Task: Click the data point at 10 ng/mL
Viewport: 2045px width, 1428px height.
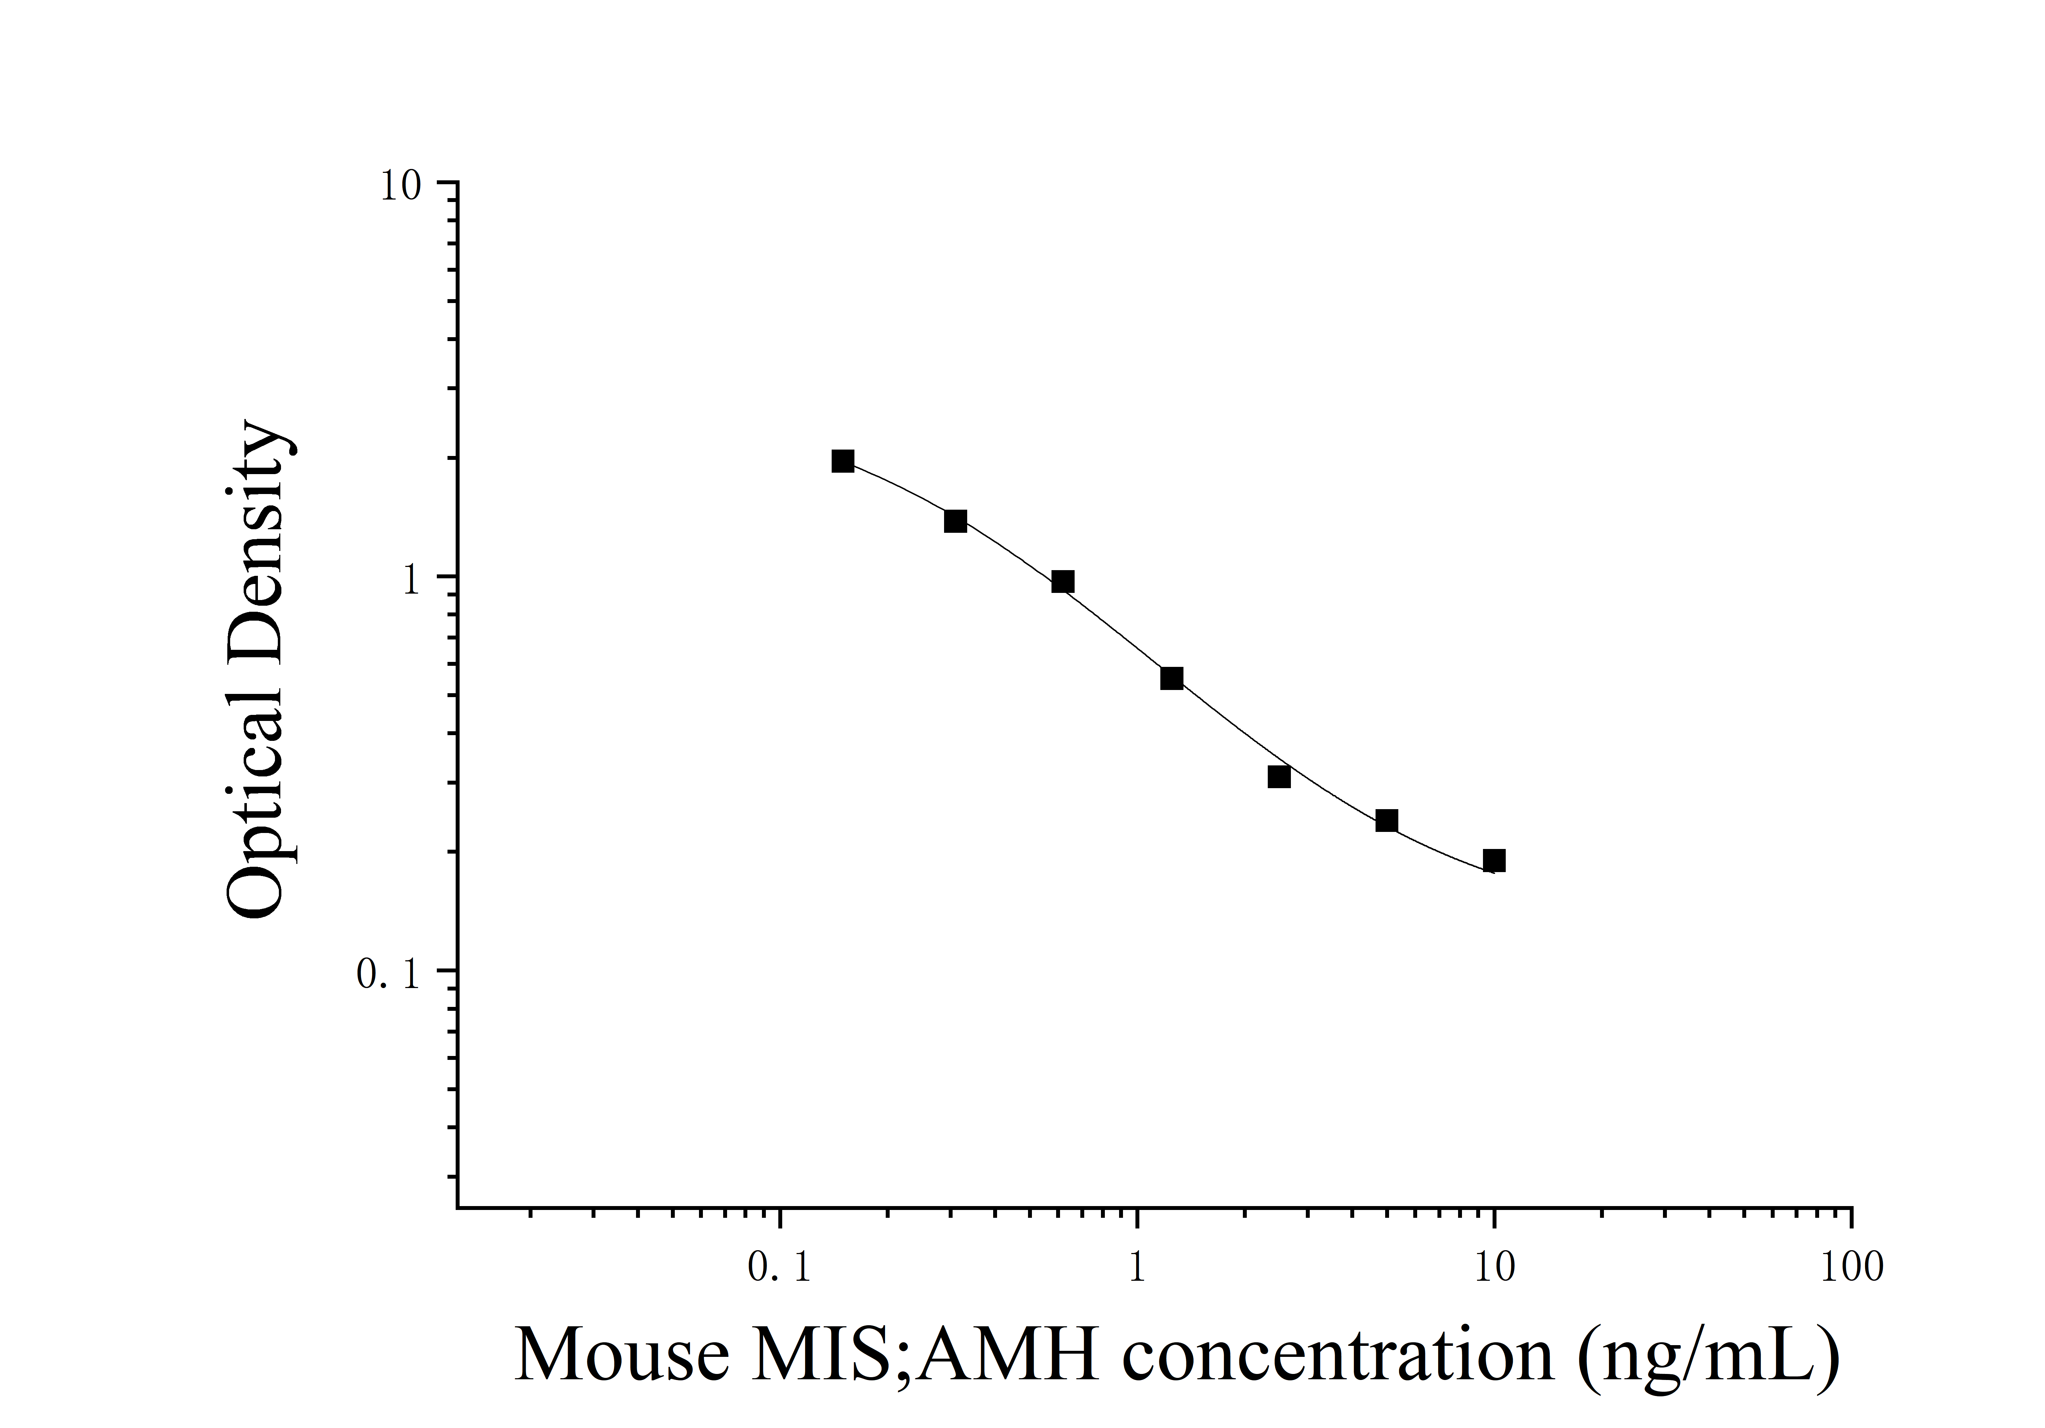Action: point(1494,861)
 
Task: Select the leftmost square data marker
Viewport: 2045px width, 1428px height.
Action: point(843,461)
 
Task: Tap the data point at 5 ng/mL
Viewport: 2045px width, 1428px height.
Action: point(1386,821)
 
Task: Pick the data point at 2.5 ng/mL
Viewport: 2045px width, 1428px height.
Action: point(1279,777)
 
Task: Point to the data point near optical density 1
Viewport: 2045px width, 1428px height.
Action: point(1063,582)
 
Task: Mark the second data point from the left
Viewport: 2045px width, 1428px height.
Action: point(955,521)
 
